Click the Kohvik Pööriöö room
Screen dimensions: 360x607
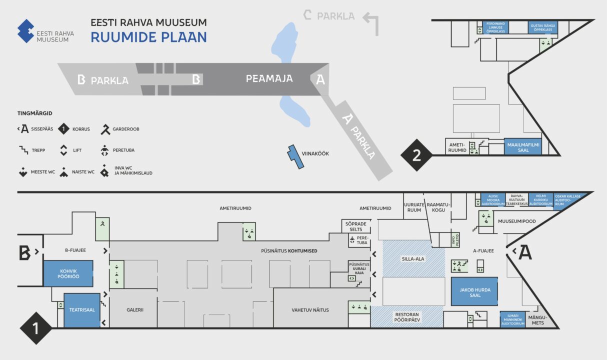pos(68,273)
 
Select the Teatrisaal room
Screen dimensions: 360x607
pos(82,310)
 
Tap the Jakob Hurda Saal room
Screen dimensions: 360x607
pos(474,291)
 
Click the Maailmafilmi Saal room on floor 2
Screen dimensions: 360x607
pos(522,146)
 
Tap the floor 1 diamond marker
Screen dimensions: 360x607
pos(35,328)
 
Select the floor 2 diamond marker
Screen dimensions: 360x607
pos(416,155)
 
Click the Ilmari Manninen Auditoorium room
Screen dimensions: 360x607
pos(512,319)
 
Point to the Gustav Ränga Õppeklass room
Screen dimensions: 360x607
pos(542,27)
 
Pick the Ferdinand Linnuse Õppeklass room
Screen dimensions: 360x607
pos(495,27)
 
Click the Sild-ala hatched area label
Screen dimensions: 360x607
pos(413,259)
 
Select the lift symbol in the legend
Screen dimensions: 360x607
pos(63,150)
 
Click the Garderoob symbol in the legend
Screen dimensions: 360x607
pos(105,129)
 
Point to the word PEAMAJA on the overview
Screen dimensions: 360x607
pos(269,79)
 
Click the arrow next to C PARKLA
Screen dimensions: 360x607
pos(370,22)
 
